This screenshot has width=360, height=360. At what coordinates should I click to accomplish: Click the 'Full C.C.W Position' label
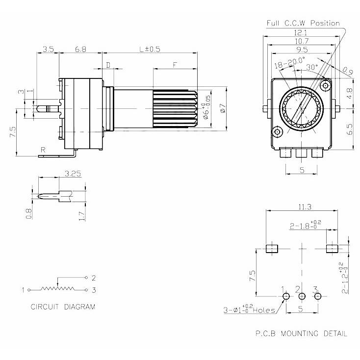tap(303, 23)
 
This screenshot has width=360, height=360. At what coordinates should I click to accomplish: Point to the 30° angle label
tap(312, 66)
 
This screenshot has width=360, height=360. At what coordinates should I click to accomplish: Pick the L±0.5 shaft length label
tap(150, 49)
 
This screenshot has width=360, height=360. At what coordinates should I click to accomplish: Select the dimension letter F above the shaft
tap(175, 65)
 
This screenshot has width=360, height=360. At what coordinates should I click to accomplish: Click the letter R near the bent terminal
tap(44, 150)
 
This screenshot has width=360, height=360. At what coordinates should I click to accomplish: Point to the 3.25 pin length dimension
tap(73, 174)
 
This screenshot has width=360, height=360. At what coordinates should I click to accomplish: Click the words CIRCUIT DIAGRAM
tap(63, 307)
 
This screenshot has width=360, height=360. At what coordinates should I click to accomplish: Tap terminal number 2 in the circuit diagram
tap(93, 277)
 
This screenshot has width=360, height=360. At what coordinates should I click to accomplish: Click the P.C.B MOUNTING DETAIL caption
tap(301, 334)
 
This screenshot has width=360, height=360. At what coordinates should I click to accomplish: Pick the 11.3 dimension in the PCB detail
tap(302, 207)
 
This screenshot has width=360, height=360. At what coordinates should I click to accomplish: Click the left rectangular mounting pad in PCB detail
tap(271, 249)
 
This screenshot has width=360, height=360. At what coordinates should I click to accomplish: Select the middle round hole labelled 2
tap(302, 296)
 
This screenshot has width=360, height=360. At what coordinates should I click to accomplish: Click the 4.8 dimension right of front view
tap(349, 91)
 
